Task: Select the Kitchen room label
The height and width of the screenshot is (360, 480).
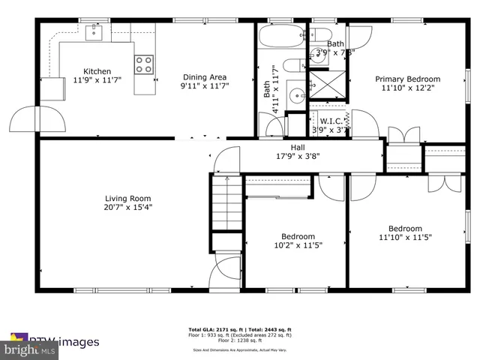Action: (97, 72)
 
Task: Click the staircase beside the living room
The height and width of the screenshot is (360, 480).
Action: (225, 205)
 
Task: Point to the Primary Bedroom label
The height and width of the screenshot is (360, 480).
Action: (407, 79)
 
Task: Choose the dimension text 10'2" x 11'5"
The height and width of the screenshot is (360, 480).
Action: (296, 245)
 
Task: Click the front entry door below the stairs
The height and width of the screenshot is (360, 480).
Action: (225, 273)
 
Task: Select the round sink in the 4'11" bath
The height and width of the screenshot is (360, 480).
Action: (298, 94)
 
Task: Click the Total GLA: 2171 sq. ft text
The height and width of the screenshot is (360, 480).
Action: (211, 330)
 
